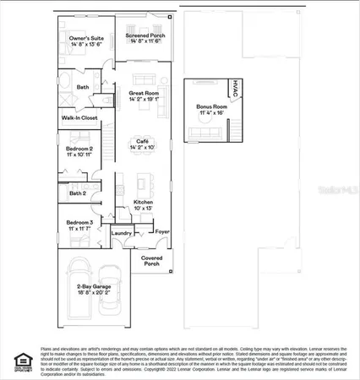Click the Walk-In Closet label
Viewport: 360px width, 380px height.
(80, 118)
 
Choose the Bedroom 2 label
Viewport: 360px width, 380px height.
(78, 151)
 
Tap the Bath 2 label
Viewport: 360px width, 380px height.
(78, 193)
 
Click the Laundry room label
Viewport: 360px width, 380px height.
(121, 233)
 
